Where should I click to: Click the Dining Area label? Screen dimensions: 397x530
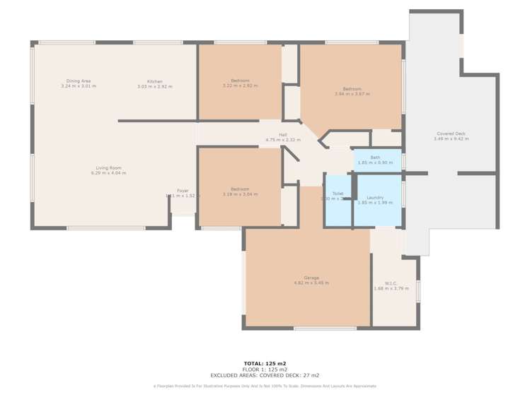[x=78, y=81]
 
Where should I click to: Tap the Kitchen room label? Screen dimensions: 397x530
[x=154, y=81]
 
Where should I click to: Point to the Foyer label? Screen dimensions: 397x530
[x=183, y=191]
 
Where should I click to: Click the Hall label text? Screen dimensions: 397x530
[x=282, y=135]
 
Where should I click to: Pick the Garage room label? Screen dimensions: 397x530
[x=311, y=278]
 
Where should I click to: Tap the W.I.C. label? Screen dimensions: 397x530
[x=391, y=283]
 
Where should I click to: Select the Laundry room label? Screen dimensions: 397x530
[x=375, y=198]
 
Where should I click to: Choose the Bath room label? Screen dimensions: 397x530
[x=375, y=158]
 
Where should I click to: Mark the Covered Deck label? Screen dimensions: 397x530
[x=451, y=134]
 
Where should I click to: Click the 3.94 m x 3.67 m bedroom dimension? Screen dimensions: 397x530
[x=352, y=93]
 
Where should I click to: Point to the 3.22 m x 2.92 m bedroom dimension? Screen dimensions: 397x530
[x=240, y=85]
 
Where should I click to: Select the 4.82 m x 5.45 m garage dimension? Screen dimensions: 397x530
[x=311, y=283]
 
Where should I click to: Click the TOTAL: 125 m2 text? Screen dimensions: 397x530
[x=265, y=363]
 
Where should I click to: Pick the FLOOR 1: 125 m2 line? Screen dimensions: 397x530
[x=265, y=369]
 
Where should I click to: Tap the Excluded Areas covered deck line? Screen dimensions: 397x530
[x=265, y=376]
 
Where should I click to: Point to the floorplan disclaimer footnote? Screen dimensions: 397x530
[x=265, y=386]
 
